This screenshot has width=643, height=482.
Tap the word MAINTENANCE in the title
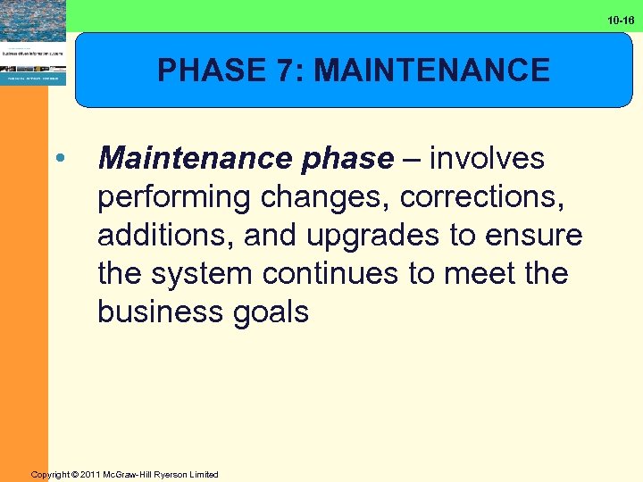pyautogui.click(x=432, y=71)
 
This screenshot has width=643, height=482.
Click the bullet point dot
pyautogui.click(x=59, y=159)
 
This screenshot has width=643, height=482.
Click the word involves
pyautogui.click(x=487, y=159)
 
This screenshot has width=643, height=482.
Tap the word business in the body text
pyautogui.click(x=158, y=312)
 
